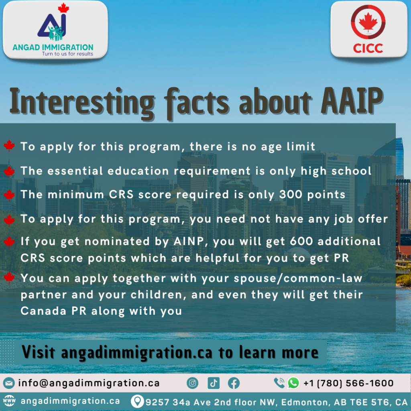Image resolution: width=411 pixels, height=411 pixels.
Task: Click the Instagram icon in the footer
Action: pyautogui.click(x=192, y=383)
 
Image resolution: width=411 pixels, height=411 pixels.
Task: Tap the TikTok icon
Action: pyautogui.click(x=214, y=383)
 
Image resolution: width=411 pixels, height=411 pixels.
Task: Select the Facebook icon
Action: pyautogui.click(x=234, y=383)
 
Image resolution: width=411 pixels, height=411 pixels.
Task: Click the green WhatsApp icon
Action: pyautogui.click(x=293, y=383)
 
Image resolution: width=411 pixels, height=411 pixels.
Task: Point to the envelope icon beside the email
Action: pyautogui.click(x=9, y=383)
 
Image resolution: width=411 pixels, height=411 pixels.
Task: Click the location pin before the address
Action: pyautogui.click(x=137, y=401)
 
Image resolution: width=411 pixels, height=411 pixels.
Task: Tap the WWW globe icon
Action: pyautogui.click(x=9, y=401)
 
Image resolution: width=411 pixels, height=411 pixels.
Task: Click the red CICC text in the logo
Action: pyautogui.click(x=368, y=48)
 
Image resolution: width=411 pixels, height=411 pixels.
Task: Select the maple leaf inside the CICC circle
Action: pyautogui.click(x=368, y=22)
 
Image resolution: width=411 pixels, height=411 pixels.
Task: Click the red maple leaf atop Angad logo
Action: pyautogui.click(x=63, y=8)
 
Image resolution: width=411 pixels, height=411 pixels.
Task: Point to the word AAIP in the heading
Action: pyautogui.click(x=352, y=101)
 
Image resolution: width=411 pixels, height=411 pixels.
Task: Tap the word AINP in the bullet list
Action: pyautogui.click(x=189, y=241)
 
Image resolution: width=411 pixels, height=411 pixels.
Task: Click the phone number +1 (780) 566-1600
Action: pyautogui.click(x=348, y=383)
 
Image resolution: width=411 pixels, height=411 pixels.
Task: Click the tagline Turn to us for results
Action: pyautogui.click(x=67, y=54)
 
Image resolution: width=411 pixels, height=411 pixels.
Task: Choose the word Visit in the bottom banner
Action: pyautogui.click(x=39, y=352)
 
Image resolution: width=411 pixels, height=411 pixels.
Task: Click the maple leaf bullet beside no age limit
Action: pyautogui.click(x=9, y=146)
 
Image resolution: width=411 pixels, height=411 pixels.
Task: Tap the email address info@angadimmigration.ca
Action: pyautogui.click(x=89, y=383)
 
